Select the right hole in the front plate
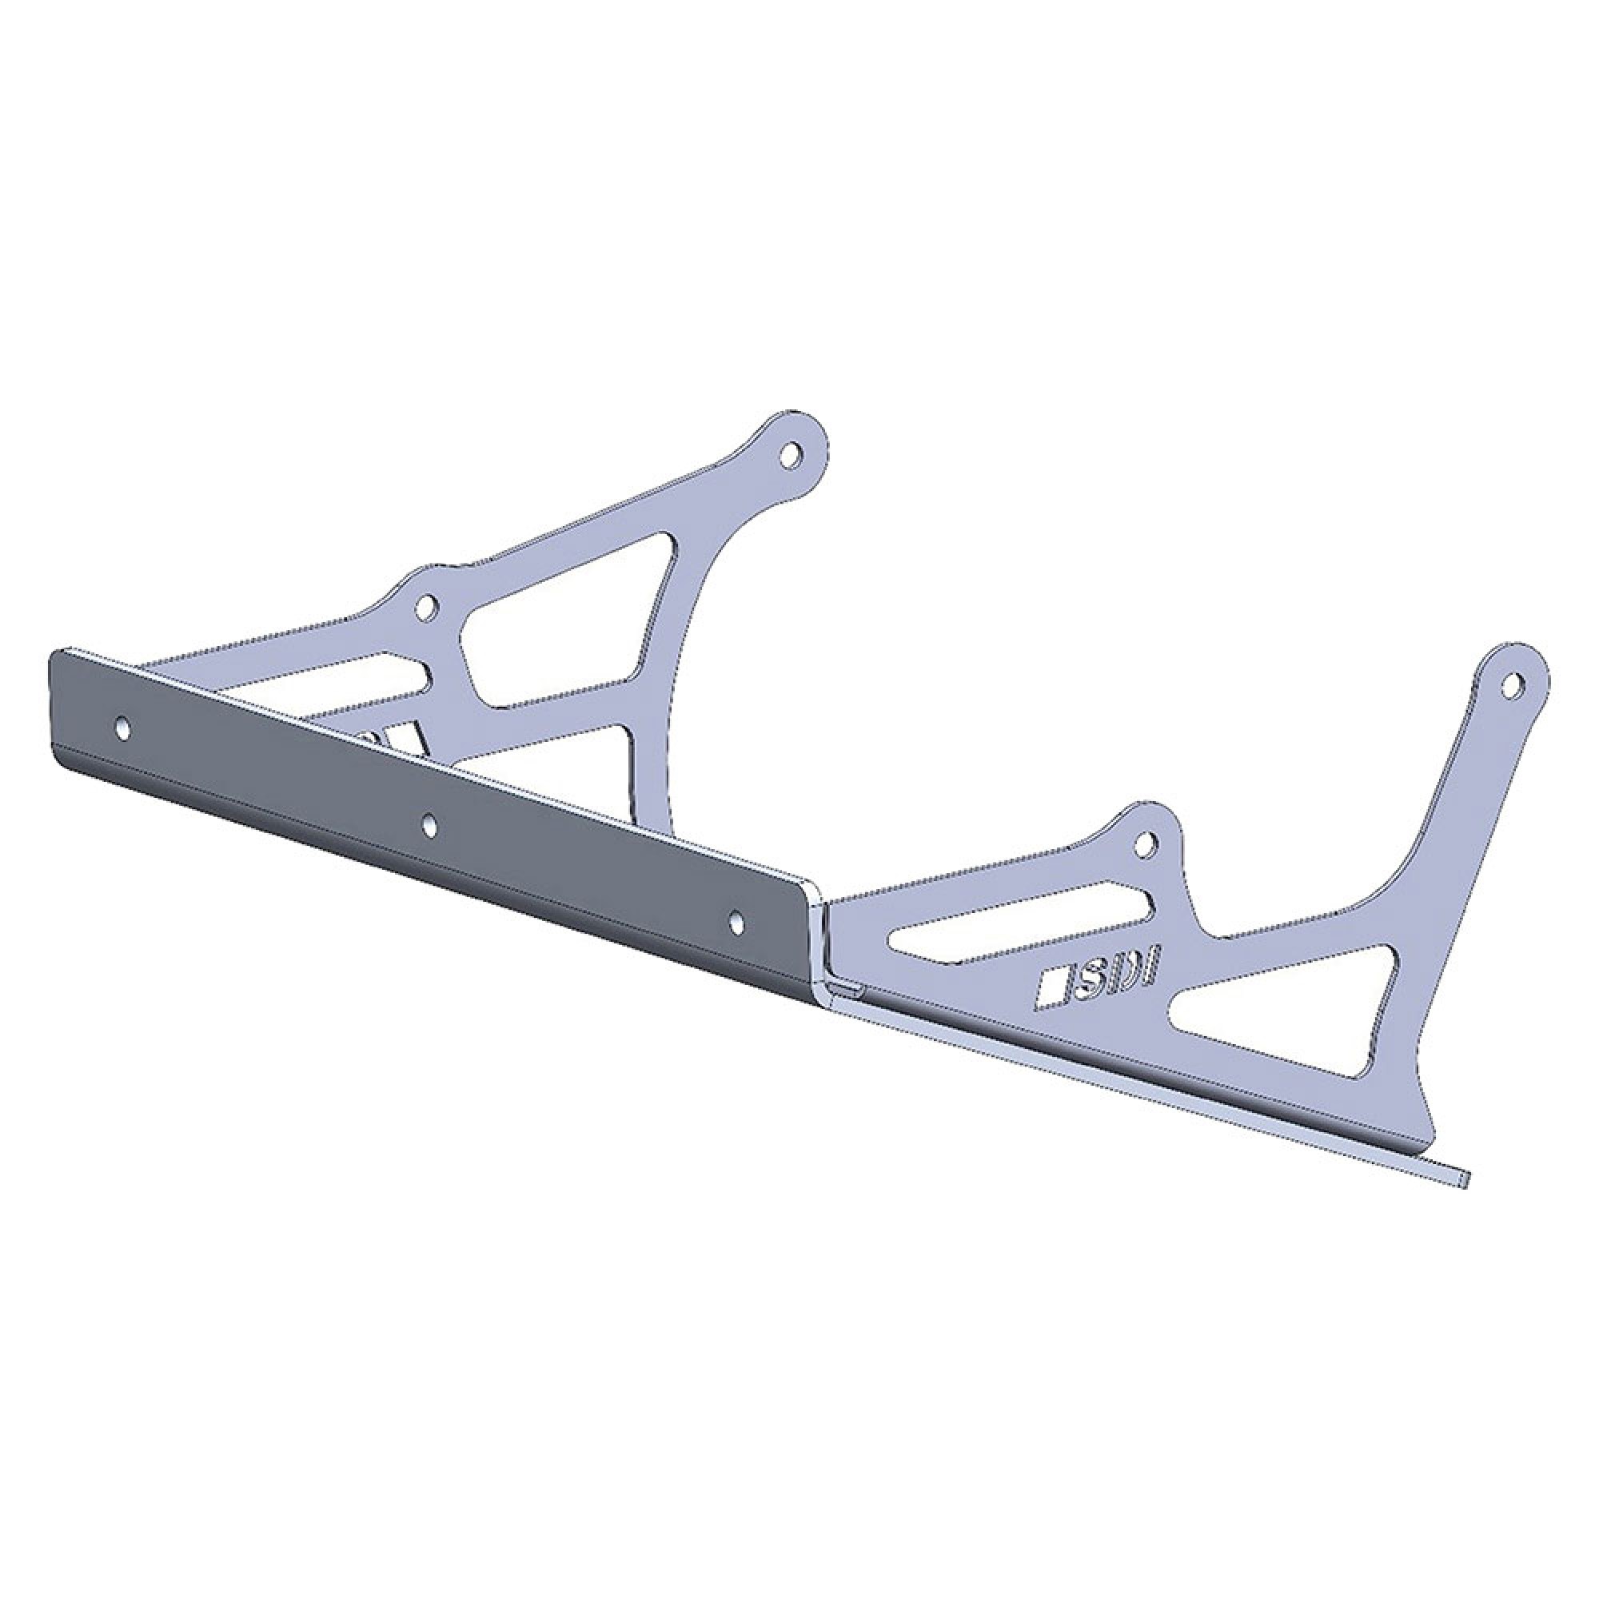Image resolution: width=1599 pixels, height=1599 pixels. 736,919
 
